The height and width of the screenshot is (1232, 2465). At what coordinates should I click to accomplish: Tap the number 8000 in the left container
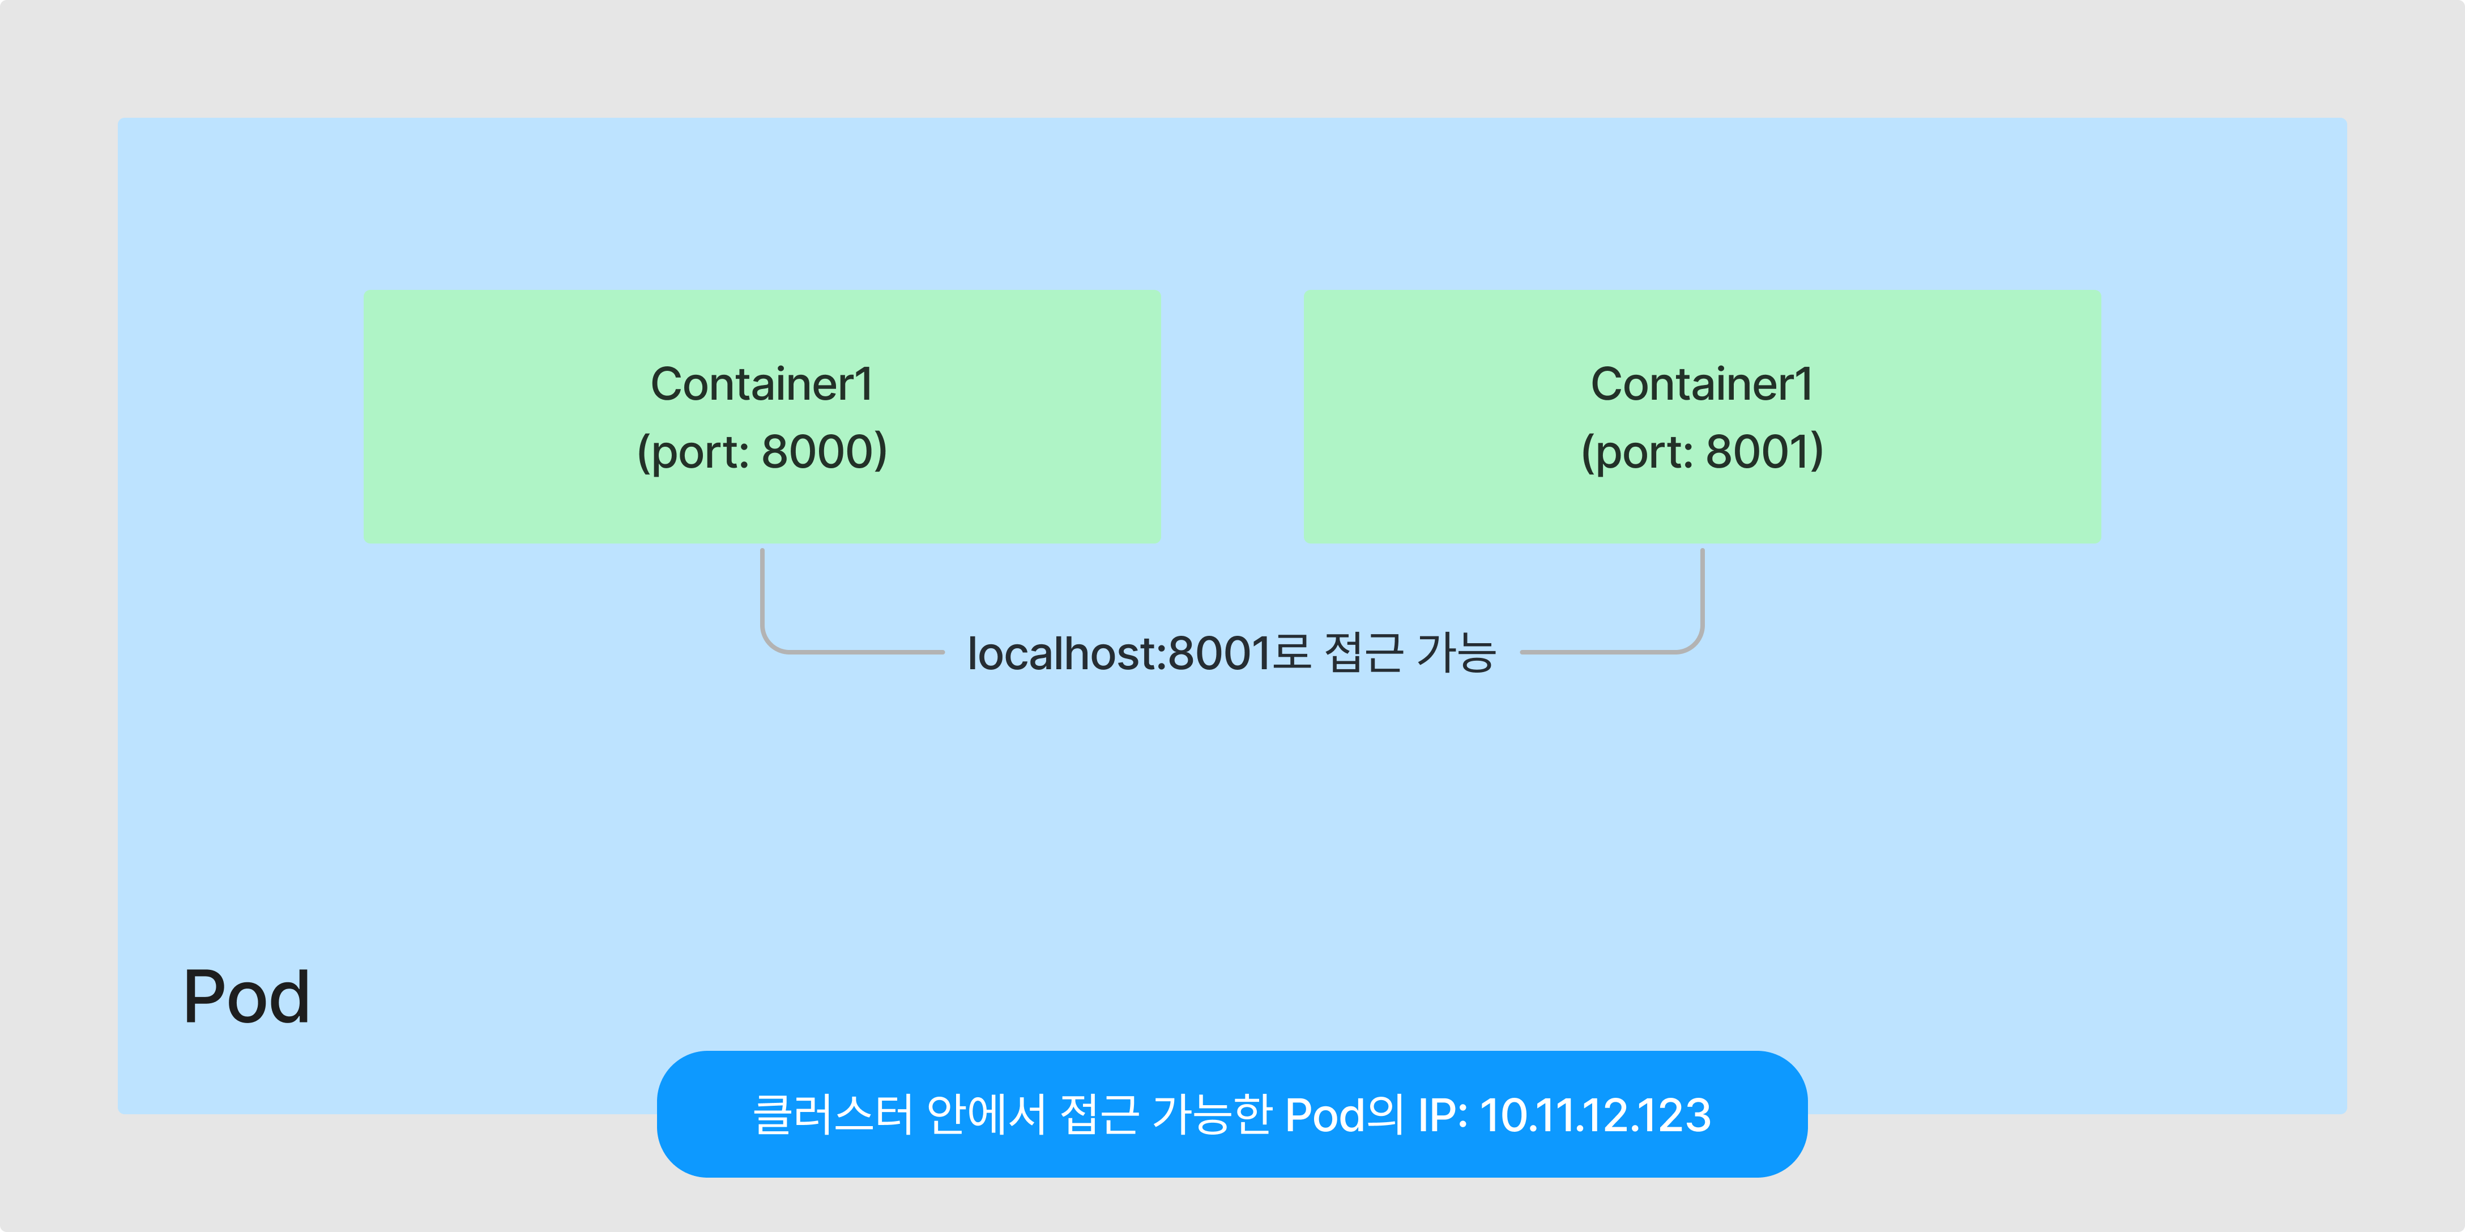(824, 451)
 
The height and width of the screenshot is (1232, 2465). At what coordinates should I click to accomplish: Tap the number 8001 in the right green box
(1764, 451)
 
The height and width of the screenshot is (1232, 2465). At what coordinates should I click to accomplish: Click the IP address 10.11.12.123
(1595, 1115)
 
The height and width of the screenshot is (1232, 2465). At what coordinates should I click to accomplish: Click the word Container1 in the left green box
(762, 384)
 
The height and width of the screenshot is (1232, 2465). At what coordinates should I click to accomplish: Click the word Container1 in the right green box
(1703, 384)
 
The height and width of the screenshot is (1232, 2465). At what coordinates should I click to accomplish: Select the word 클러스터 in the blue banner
(833, 1115)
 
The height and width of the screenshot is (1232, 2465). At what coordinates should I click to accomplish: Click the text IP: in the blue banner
(1442, 1115)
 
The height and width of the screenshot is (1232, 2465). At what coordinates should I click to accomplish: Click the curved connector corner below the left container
(771, 643)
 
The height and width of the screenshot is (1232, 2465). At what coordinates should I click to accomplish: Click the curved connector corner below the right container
(1694, 643)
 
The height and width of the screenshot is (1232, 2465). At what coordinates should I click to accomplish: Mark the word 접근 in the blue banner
(1098, 1115)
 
